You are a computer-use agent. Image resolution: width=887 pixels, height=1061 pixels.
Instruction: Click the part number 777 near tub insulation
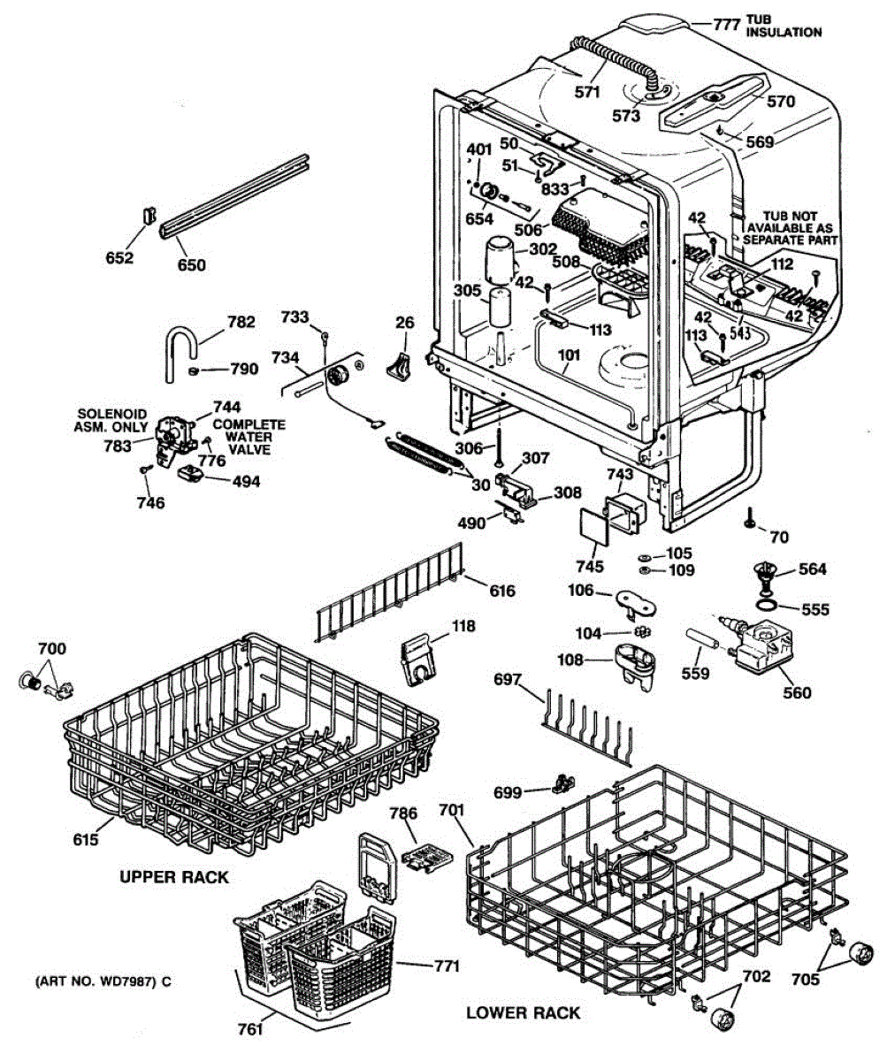726,24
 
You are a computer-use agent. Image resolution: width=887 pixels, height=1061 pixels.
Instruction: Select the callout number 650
192,264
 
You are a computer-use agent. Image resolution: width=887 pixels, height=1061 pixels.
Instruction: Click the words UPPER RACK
174,877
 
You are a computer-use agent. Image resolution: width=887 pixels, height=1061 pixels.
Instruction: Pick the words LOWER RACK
523,1012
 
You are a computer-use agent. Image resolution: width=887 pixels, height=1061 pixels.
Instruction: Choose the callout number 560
797,692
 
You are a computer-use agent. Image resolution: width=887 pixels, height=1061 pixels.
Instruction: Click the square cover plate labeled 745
594,526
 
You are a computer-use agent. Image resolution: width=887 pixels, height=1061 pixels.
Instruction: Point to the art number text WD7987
128,981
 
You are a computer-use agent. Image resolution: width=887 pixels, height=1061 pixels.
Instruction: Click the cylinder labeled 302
501,262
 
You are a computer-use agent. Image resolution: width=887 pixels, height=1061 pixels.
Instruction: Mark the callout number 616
502,591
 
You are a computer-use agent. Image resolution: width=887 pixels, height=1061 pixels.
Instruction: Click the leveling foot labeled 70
749,516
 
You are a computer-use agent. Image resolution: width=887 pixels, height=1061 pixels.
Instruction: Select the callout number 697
508,679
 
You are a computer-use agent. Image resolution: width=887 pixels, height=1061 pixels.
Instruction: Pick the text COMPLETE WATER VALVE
249,437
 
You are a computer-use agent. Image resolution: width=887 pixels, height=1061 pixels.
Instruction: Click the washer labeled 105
644,557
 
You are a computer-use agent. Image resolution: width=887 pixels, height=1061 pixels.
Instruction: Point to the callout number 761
250,1029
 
